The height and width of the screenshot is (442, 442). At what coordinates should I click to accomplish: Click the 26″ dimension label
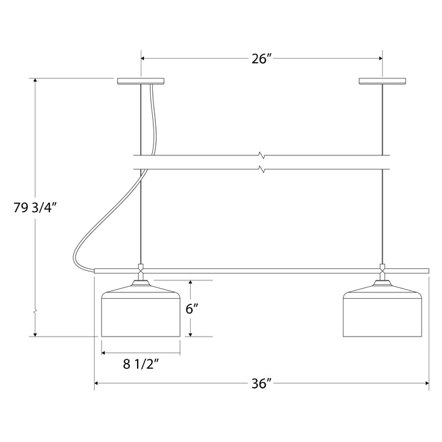[261, 59]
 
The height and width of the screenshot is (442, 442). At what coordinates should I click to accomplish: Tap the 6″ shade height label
[193, 309]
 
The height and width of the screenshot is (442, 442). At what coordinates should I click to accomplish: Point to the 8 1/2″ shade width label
[140, 363]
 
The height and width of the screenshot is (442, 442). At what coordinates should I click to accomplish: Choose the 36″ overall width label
[261, 383]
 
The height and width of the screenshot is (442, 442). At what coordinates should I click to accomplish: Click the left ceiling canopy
[140, 81]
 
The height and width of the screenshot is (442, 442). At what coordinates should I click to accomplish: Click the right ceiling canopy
[381, 81]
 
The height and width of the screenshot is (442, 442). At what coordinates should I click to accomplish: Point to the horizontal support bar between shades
[261, 270]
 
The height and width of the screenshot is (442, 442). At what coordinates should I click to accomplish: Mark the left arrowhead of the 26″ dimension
[143, 58]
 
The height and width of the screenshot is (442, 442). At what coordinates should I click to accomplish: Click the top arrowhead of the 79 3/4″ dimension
[35, 81]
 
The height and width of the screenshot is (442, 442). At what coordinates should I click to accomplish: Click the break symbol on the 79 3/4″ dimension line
[35, 311]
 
